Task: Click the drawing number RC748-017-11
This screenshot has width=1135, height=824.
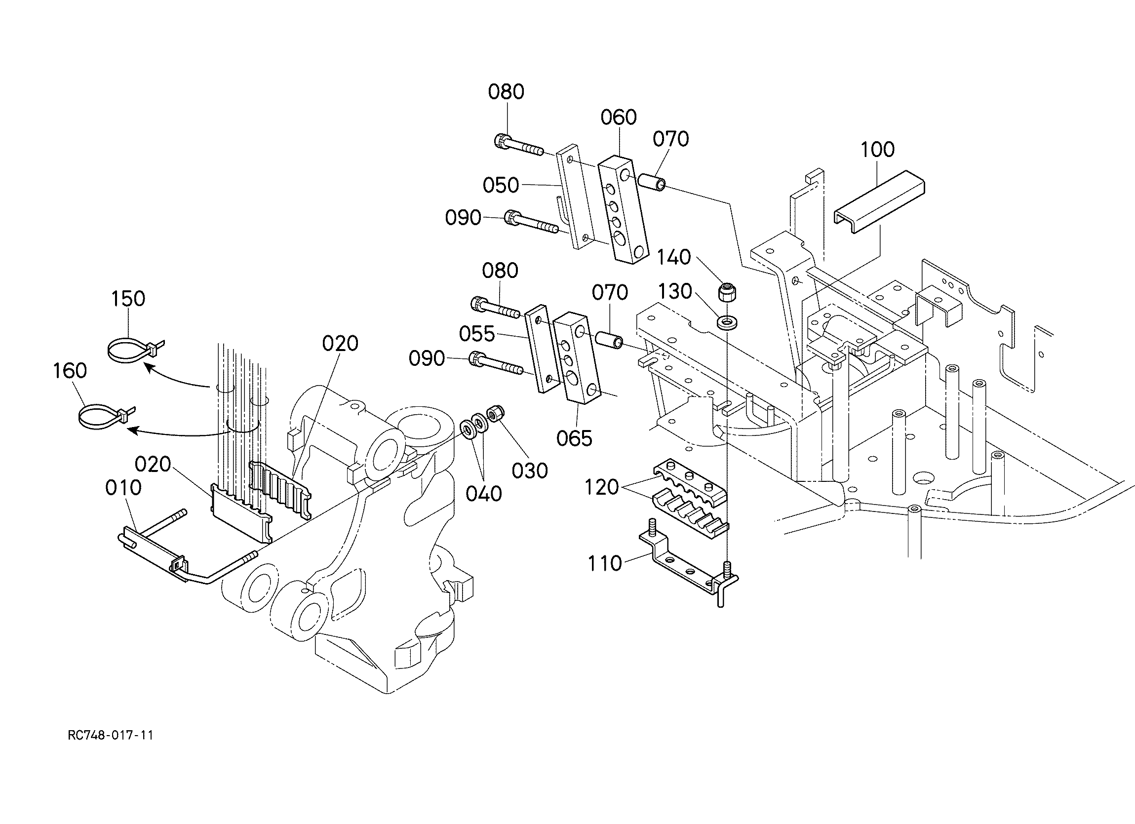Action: click(111, 735)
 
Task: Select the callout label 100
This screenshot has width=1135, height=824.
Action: click(878, 149)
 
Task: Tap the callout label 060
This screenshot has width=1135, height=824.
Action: click(619, 117)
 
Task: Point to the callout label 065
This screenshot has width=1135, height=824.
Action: click(574, 438)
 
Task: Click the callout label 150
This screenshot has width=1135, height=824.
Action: click(128, 298)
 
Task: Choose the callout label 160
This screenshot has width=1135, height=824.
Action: click(70, 371)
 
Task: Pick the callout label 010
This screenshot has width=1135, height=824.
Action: click(123, 488)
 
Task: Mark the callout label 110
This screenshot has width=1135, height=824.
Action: click(605, 564)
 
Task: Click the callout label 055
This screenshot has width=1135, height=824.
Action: click(477, 334)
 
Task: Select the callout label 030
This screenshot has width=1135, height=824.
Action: click(530, 471)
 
